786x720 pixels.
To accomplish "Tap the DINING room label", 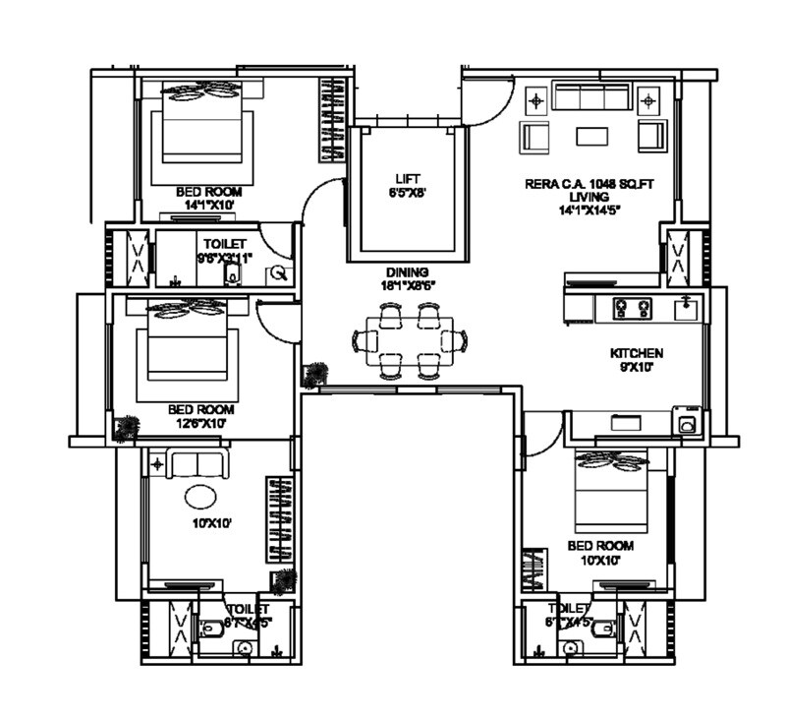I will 407,272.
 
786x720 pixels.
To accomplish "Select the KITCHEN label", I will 636,352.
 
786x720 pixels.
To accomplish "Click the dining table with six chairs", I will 410,341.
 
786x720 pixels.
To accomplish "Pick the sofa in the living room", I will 590,97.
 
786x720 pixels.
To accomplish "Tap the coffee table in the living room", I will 590,135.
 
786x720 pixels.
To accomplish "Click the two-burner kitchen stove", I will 633,308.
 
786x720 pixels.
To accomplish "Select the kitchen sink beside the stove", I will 687,308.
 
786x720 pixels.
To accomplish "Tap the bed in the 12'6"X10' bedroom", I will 193,349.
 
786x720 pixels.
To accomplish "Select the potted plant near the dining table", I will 316,375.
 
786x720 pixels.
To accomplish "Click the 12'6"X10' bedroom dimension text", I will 200,423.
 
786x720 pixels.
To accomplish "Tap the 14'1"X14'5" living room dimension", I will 588,209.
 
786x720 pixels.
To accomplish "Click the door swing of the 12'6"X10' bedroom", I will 276,321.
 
